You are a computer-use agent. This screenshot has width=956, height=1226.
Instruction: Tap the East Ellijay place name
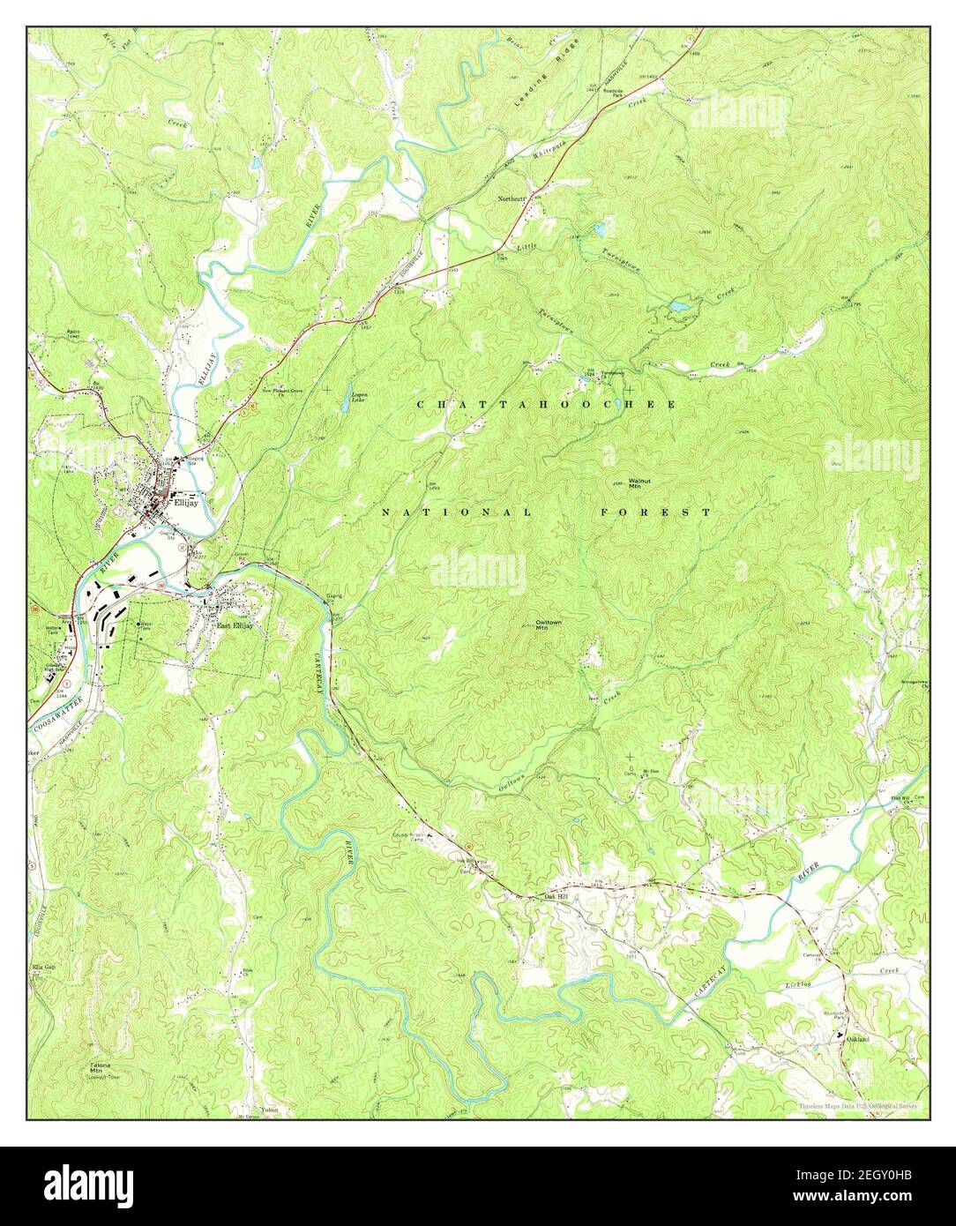coord(235,626)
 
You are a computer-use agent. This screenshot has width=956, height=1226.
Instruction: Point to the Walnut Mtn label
coord(639,483)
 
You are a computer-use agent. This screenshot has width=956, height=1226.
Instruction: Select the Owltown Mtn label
coord(548,624)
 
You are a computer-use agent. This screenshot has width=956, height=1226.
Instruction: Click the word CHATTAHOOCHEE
coord(546,404)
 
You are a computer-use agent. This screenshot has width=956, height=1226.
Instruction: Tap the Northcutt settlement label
coord(512,199)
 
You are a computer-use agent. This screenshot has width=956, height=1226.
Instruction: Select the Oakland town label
coord(858,1040)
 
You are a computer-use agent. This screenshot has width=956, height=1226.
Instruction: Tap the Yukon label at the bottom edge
coord(269,1110)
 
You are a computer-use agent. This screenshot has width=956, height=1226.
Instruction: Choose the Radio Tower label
coord(75,334)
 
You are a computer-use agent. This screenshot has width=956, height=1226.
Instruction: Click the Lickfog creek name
coord(797,983)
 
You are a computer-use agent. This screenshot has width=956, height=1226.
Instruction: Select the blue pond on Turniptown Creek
coord(678,307)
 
